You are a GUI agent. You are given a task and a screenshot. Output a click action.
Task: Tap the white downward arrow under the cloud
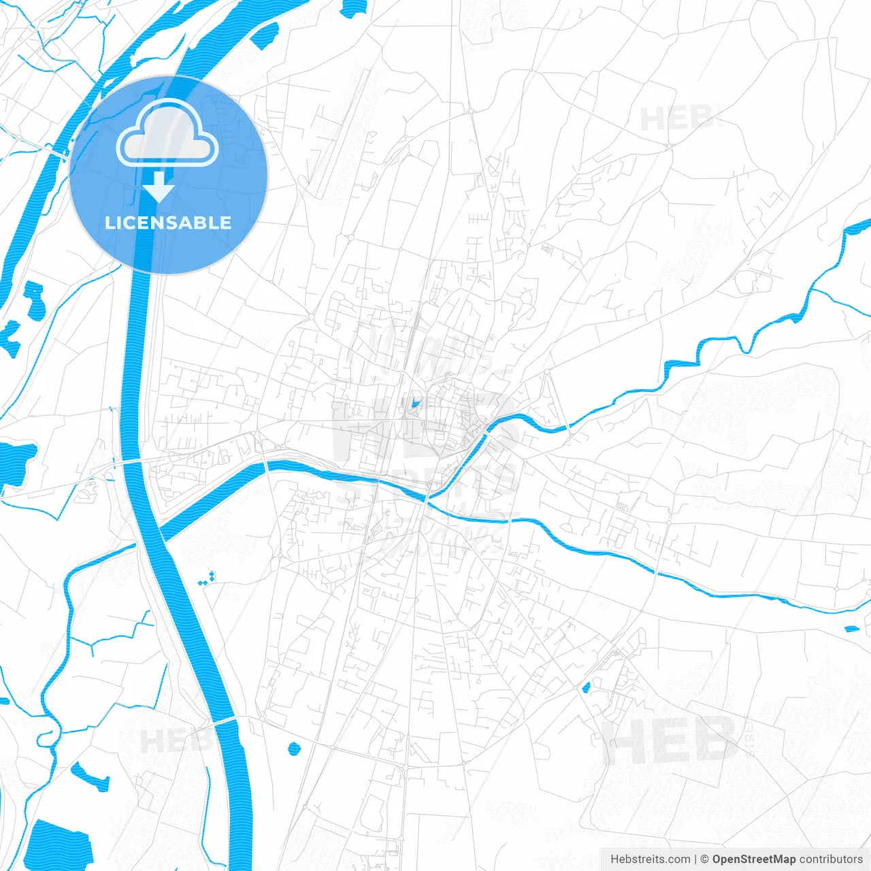159,186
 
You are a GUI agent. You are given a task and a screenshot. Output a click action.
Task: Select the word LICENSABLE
168,223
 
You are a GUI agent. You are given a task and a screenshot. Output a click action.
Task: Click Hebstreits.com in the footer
651,859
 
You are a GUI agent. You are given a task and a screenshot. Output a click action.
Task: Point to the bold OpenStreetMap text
753,859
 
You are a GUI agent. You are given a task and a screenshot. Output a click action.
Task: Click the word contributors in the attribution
831,859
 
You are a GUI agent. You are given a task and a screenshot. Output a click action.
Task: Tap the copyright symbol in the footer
705,859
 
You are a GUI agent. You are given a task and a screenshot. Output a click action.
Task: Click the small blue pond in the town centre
414,404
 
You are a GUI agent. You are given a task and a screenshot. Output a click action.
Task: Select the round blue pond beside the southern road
294,749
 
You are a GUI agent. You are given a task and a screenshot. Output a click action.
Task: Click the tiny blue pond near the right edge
851,629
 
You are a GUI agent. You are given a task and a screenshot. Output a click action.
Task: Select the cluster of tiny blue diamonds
207,580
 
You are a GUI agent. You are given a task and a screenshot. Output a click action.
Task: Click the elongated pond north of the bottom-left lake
90,776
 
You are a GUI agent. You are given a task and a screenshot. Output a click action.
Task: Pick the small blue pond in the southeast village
585,689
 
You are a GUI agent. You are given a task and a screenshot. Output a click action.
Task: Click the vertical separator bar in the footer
695,859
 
